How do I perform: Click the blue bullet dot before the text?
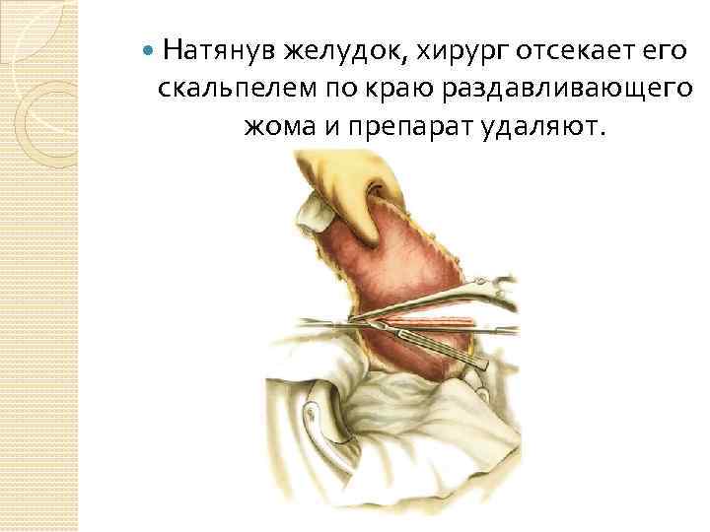point(147,49)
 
